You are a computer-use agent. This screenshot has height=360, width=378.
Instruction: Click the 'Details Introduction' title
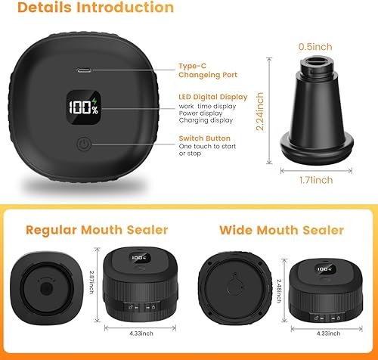(95, 8)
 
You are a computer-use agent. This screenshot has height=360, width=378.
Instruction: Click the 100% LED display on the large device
(83, 109)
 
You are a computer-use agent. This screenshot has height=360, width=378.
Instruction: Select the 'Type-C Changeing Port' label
(206, 70)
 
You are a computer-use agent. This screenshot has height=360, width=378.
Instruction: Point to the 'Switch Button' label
(203, 138)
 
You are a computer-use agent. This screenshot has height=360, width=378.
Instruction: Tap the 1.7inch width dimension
(316, 181)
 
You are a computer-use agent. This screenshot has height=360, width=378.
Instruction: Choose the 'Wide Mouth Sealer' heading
(281, 230)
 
